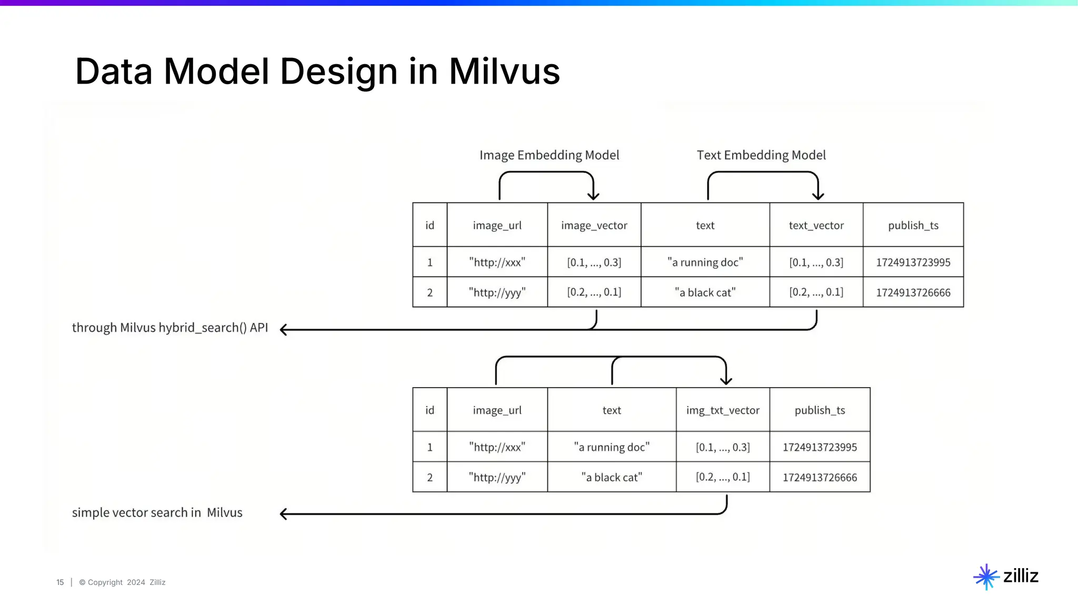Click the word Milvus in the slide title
(504, 72)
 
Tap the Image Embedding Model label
(549, 155)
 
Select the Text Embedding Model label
(761, 155)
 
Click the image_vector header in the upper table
(594, 225)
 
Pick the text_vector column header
(816, 225)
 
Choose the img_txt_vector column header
(723, 410)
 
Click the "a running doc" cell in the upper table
(705, 262)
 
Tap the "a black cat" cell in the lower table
(612, 477)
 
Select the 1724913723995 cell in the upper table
(913, 262)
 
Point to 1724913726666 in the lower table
(820, 477)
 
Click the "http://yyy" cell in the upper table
(497, 292)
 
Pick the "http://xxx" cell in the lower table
(497, 447)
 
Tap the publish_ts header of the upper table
(913, 225)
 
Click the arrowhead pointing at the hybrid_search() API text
(284, 330)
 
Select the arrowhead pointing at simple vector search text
(284, 514)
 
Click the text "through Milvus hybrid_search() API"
(169, 328)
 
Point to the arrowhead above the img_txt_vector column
(726, 380)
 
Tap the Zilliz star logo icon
(986, 577)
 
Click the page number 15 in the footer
(60, 582)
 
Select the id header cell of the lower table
(430, 410)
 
